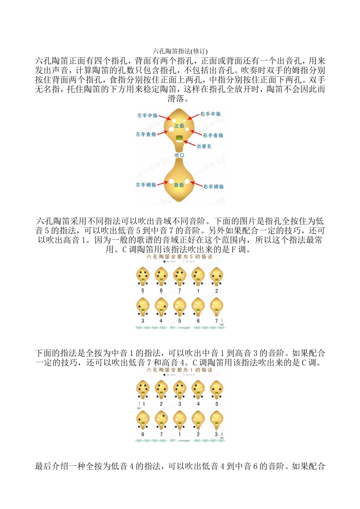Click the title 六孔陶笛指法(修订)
coord(180,51)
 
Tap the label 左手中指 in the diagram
coord(147,116)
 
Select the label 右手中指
coord(210,114)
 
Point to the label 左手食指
coord(146,134)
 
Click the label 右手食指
coord(213,135)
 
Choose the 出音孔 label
coord(204,146)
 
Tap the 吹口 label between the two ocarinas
coord(179,155)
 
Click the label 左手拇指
coord(146,185)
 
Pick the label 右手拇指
coord(213,186)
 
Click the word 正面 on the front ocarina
coord(179,126)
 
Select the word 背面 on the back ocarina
coord(179,185)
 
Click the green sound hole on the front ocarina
coord(179,137)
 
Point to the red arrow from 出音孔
coord(189,144)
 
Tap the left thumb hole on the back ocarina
coord(171,182)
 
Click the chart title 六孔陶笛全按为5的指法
coord(179,257)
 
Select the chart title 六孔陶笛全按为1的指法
coord(179,370)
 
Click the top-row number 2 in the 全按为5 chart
coord(216,291)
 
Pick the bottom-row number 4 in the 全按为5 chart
coord(161,321)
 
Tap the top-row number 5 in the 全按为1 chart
coord(216,404)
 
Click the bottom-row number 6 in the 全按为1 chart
coord(142,434)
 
